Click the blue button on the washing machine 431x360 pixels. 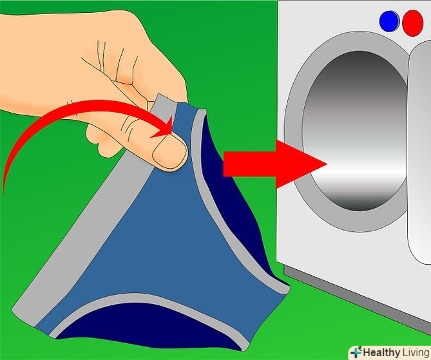pyautogui.click(x=389, y=21)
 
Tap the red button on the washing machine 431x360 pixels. pyautogui.click(x=412, y=23)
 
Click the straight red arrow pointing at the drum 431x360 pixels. pyautogui.click(x=275, y=164)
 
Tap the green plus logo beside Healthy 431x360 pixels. pyautogui.click(x=356, y=352)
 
